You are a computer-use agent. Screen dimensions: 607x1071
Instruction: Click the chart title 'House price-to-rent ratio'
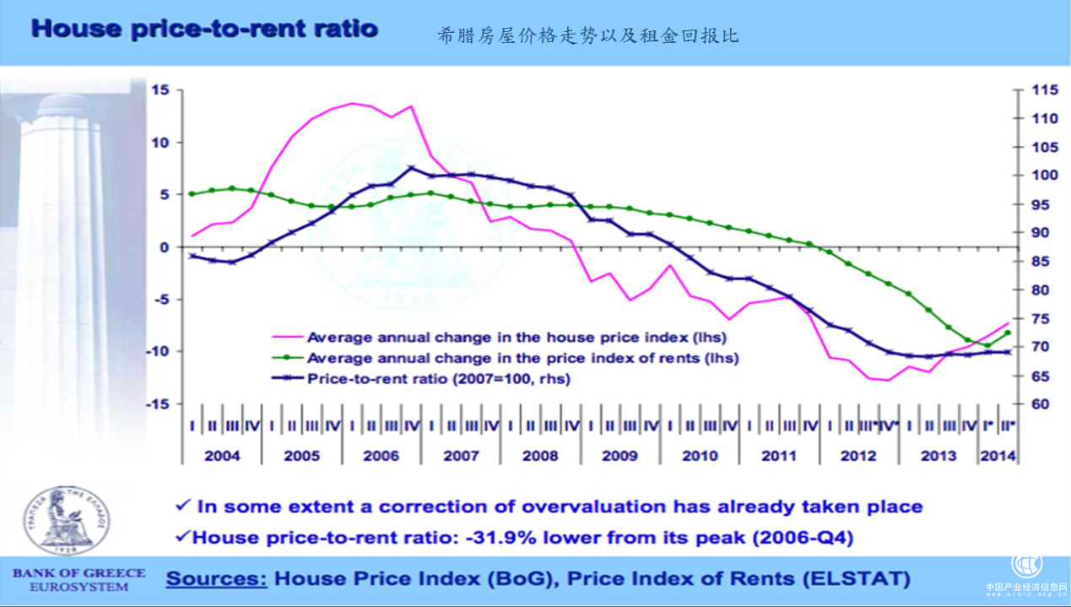click(x=203, y=28)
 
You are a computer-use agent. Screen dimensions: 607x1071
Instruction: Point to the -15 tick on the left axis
click(x=158, y=404)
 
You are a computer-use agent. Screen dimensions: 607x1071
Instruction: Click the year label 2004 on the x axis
click(x=222, y=456)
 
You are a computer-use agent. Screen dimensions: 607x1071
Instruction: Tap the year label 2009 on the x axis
click(x=619, y=456)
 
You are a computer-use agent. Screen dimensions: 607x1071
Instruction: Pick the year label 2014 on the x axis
click(x=998, y=456)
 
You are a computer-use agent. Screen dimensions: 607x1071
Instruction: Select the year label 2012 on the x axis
click(x=858, y=456)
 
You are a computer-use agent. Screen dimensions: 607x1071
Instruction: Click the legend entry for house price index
click(x=517, y=338)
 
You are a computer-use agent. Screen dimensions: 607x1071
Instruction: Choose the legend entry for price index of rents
click(x=522, y=358)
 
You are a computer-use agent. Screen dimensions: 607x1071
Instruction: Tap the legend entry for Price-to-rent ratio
click(x=439, y=379)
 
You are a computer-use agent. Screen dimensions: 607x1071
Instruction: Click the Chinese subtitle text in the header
click(x=588, y=35)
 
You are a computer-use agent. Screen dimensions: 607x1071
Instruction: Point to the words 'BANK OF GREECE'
click(x=78, y=573)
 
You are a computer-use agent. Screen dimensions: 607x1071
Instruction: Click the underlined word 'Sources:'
click(x=217, y=579)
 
